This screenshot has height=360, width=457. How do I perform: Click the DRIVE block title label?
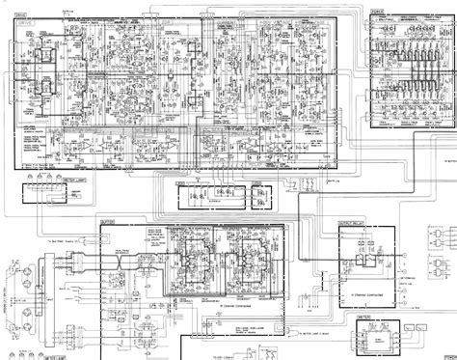click(23, 12)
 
